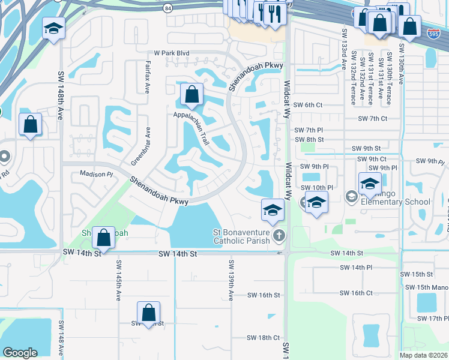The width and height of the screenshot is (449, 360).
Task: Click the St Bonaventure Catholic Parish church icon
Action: pos(279,235)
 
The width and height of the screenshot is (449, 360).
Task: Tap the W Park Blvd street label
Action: pos(171,53)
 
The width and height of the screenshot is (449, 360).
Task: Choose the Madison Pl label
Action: pos(97,174)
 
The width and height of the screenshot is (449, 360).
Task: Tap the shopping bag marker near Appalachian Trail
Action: pos(191,94)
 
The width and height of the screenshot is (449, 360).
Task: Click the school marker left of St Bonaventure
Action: pos(272,210)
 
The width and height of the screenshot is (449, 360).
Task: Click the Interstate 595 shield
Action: pos(433,32)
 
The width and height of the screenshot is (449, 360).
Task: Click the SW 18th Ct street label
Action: pos(264,338)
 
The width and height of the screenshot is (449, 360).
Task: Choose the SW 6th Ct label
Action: pos(309,105)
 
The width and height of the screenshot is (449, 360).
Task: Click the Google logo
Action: pos(20,353)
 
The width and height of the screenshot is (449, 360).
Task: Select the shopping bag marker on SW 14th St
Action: pos(104,238)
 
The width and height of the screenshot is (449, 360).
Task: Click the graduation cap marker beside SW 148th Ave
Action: pos(53,28)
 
